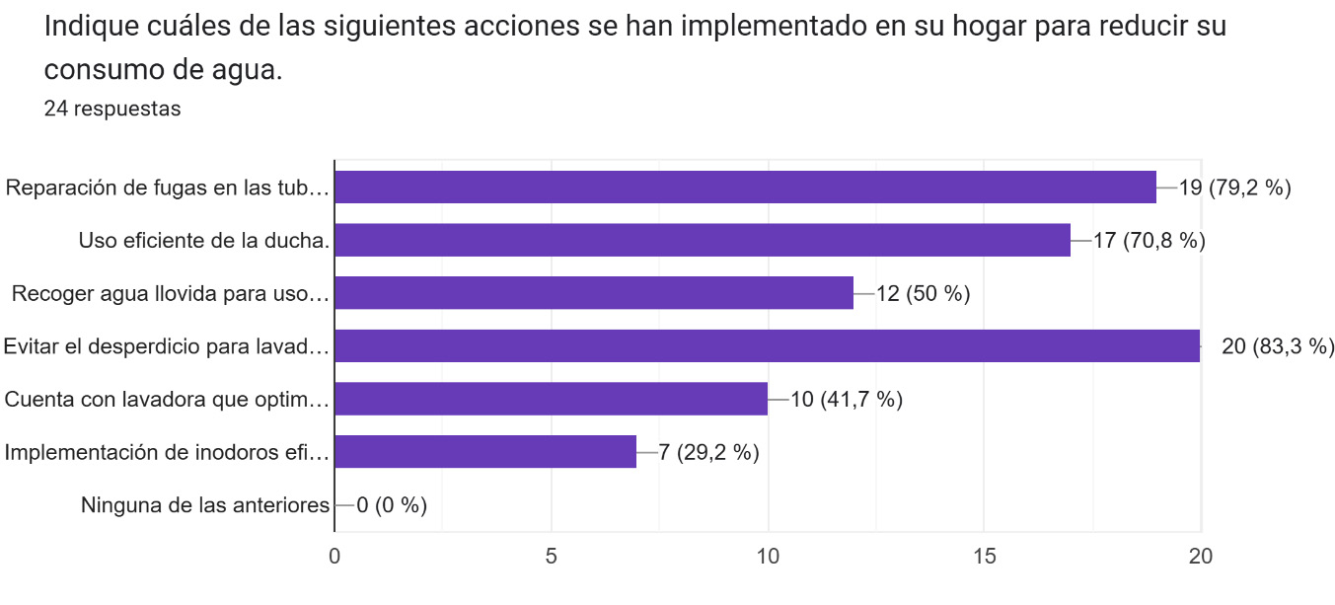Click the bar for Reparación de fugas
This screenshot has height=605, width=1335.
[745, 187]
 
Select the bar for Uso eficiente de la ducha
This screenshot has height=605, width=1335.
[703, 240]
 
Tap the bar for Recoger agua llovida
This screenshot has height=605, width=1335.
[594, 293]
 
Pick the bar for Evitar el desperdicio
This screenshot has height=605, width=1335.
[767, 345]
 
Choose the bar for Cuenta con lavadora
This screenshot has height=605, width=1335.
[551, 399]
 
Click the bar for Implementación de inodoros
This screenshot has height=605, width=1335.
[485, 452]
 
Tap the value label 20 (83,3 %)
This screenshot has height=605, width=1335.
[1278, 346]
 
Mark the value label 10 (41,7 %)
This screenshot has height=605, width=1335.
[847, 400]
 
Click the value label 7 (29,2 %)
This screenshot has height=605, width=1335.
[708, 453]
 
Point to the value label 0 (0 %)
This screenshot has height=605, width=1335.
[391, 505]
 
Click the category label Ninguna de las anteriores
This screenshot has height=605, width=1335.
[204, 505]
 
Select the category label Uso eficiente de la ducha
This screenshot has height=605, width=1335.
[204, 240]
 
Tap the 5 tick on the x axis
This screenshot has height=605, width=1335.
[551, 556]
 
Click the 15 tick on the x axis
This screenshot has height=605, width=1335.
[984, 556]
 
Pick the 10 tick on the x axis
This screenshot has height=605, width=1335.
[768, 556]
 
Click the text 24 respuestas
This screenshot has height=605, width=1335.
[112, 109]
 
